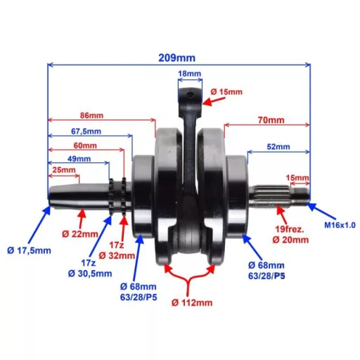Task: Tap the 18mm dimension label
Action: [x=189, y=73]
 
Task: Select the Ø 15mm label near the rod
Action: [x=226, y=92]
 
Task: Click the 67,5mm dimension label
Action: [x=85, y=131]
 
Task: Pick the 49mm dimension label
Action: [x=79, y=159]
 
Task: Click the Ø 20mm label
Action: [x=292, y=240]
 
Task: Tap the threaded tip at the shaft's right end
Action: [x=303, y=196]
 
